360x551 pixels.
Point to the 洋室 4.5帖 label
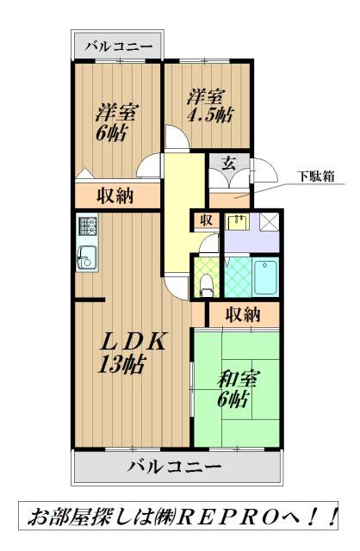pyautogui.click(x=209, y=105)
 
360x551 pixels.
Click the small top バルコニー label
pyautogui.click(x=116, y=46)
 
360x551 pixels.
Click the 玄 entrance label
pyautogui.click(x=229, y=164)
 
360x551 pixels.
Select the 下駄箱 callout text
pyautogui.click(x=317, y=176)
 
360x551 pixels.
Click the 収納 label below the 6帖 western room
pyautogui.click(x=115, y=195)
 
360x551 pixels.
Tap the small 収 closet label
pyautogui.click(x=207, y=220)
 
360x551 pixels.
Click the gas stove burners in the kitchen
pyautogui.click(x=88, y=226)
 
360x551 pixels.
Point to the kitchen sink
pyautogui.click(x=87, y=256)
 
